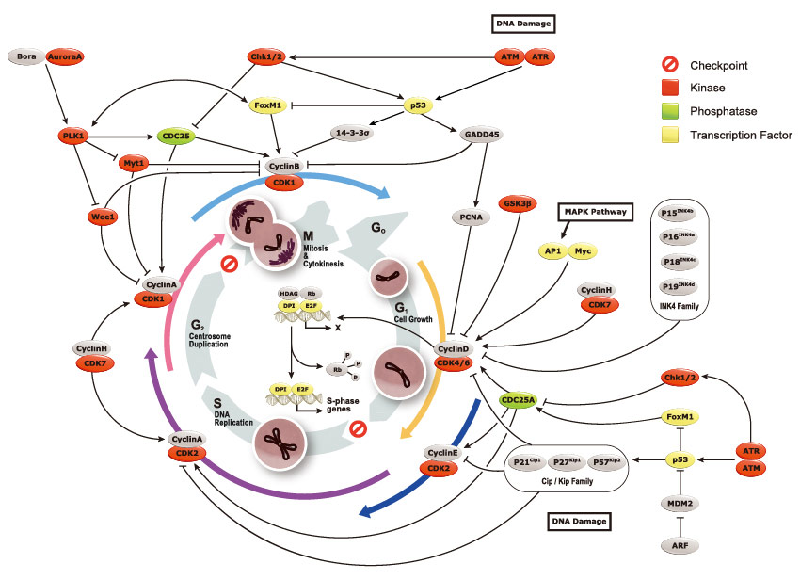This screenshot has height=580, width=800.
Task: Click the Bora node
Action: (x=25, y=57)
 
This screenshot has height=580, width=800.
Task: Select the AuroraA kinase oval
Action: (x=65, y=57)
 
